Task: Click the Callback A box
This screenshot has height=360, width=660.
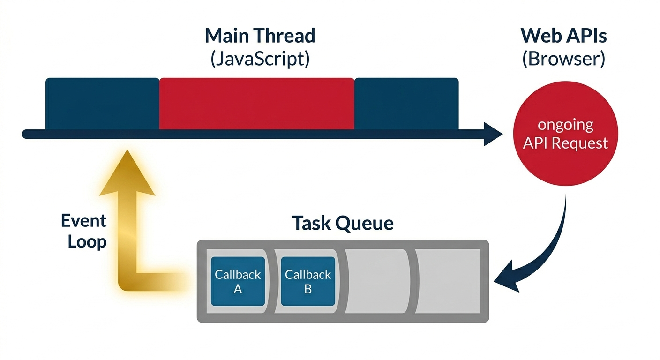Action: [x=238, y=281]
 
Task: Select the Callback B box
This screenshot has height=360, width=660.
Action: [x=308, y=281]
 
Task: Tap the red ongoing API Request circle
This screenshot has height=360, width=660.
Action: [x=565, y=134]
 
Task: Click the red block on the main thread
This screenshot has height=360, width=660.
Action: [x=256, y=104]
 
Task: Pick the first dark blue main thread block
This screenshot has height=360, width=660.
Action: [x=103, y=104]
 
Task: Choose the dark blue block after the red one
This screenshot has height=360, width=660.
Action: [x=406, y=104]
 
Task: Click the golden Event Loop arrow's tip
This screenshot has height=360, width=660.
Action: [x=127, y=150]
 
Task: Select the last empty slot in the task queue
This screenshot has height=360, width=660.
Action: [x=448, y=281]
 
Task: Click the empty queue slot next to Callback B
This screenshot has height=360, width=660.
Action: [x=377, y=281]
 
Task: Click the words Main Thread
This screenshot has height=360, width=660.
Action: [x=260, y=36]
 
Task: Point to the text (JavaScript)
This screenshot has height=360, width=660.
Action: [x=260, y=59]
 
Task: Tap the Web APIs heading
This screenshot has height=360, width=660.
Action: [x=563, y=36]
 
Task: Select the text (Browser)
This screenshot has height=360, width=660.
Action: [x=563, y=59]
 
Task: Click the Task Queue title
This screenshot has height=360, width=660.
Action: [x=343, y=223]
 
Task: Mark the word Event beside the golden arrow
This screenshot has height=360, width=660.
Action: [x=83, y=221]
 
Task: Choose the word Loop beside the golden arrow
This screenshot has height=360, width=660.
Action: [x=87, y=242]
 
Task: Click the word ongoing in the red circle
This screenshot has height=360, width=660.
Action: [x=565, y=125]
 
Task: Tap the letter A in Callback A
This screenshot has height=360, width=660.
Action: [x=238, y=289]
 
